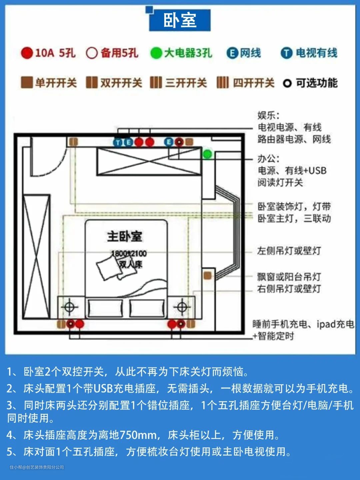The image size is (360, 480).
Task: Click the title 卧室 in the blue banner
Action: [x=180, y=20]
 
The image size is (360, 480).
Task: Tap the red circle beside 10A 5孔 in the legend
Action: [x=27, y=53]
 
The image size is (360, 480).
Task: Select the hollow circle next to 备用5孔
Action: [x=92, y=53]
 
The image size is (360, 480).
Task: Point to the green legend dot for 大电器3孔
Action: [x=156, y=53]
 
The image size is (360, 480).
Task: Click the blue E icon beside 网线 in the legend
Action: [x=232, y=53]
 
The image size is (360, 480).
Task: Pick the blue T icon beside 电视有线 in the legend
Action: [x=286, y=53]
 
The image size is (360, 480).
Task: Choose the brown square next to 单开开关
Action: [x=27, y=82]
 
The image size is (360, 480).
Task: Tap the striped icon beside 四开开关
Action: [x=223, y=82]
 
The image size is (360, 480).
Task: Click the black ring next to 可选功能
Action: [x=287, y=83]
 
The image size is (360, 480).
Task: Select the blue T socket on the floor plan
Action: [x=118, y=142]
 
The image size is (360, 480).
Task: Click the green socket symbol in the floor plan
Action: [x=207, y=154]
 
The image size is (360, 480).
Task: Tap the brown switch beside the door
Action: [x=73, y=142]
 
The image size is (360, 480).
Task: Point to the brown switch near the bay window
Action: [x=207, y=276]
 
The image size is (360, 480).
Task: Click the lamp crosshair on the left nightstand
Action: [x=69, y=307]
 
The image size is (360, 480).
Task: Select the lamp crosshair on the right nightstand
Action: [x=182, y=307]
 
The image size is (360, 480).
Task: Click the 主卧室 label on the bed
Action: [x=125, y=236]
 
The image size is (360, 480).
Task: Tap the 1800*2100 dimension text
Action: [x=129, y=254]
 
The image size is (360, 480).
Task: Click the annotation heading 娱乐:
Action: [x=268, y=115]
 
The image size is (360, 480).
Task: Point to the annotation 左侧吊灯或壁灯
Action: [x=289, y=251]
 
